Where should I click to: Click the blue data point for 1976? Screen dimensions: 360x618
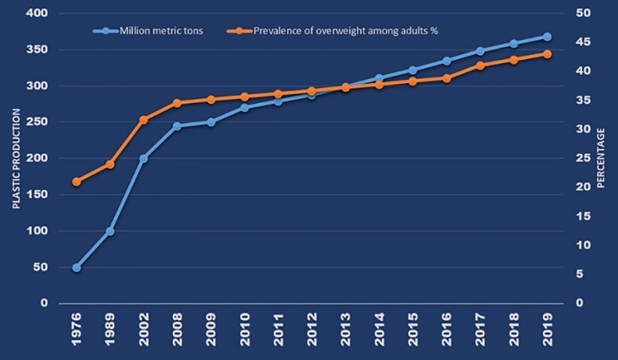pyautogui.click(x=77, y=268)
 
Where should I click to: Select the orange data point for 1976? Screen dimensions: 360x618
pyautogui.click(x=77, y=181)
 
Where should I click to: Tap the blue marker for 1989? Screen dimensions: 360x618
pyautogui.click(x=110, y=231)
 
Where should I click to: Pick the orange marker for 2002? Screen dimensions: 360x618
pyautogui.click(x=143, y=120)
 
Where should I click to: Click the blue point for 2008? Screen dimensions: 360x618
pyautogui.click(x=177, y=126)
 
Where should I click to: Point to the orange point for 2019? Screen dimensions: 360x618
pyautogui.click(x=547, y=54)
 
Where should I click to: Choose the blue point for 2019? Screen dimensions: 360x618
pyautogui.click(x=547, y=37)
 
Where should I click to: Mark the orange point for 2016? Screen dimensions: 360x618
pyautogui.click(x=447, y=78)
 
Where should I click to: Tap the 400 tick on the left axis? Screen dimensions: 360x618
pyautogui.click(x=36, y=14)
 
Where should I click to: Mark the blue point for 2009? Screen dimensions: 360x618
pyautogui.click(x=210, y=122)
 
